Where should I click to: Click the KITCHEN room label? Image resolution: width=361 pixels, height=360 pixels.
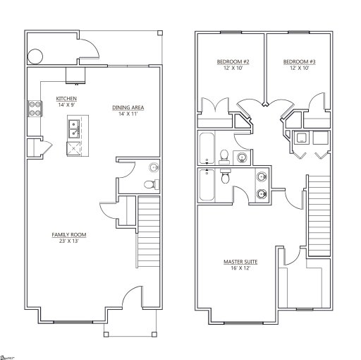coord(66,98)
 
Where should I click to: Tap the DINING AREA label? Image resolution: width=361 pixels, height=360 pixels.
coord(128,107)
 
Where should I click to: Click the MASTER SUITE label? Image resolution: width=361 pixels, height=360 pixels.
coord(240,262)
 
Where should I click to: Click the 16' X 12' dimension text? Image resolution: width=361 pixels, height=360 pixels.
coord(240,269)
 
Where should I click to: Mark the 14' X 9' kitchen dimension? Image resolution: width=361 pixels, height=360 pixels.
coord(66,104)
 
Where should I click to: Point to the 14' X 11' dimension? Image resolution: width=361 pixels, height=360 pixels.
coord(128,114)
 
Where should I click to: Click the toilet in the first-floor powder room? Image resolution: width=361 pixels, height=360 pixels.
coord(149,184)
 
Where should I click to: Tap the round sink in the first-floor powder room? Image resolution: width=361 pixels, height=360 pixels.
coord(154,166)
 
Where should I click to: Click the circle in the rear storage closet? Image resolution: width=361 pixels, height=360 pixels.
coord(35,56)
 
